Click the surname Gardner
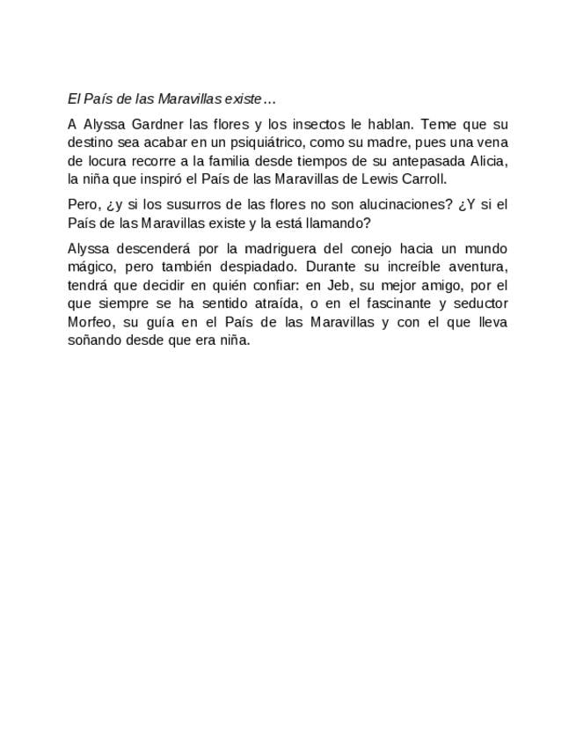(x=157, y=125)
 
